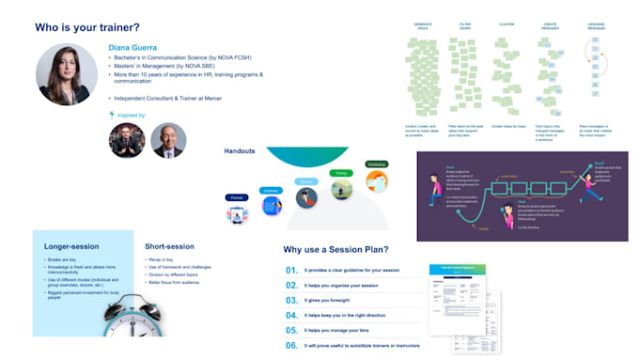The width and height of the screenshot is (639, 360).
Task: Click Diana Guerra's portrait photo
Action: [67, 74]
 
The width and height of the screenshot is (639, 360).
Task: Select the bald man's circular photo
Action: [168, 140]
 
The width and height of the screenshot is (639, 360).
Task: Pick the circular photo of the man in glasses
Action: [127, 140]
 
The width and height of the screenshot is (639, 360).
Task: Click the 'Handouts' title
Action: [241, 150]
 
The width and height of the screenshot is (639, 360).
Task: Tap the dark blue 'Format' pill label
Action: [235, 197]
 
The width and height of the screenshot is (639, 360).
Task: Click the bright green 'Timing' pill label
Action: [341, 173]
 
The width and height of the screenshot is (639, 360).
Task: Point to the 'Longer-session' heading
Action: [72, 246]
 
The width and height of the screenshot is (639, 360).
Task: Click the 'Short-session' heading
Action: [170, 246]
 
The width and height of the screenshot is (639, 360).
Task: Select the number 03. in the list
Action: [291, 302]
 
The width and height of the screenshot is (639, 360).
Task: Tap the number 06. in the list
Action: [291, 345]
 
